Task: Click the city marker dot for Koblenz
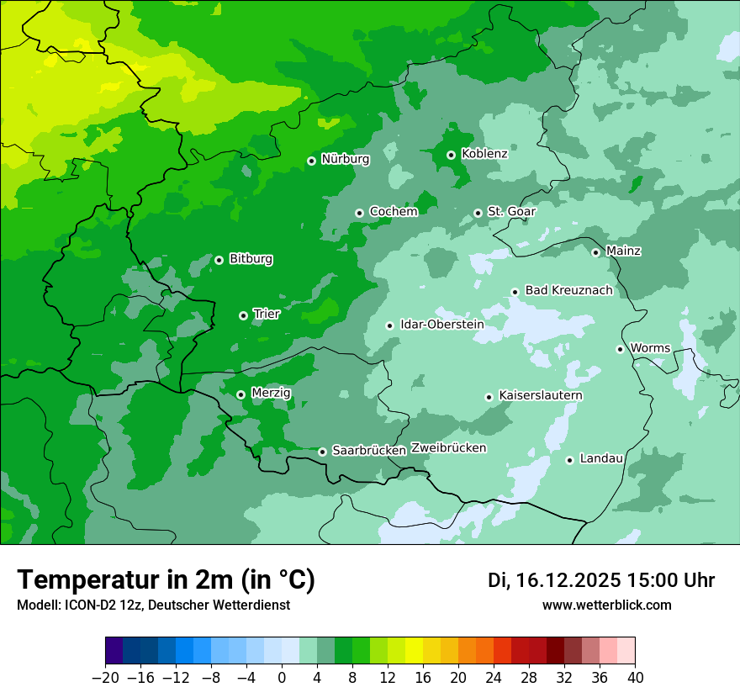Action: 451,155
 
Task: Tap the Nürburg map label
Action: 346,159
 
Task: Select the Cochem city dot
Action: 359,213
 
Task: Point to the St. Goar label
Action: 511,212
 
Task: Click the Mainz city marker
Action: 595,252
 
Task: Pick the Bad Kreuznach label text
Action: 568,291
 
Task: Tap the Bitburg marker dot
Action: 219,260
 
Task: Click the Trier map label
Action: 267,315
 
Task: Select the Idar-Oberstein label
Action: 442,325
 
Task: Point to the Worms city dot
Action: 620,349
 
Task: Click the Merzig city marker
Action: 240,394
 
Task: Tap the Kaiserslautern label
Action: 541,396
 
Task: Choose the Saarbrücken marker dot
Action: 322,452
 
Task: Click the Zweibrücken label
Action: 448,448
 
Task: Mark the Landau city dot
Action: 569,460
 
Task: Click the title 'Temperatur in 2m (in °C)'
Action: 166,580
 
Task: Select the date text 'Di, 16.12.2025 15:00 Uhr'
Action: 601,580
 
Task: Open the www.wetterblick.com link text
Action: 606,605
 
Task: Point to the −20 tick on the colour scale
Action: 105,677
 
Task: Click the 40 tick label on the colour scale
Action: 635,677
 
